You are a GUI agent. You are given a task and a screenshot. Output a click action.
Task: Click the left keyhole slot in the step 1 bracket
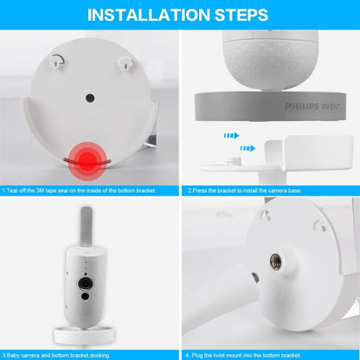[x=58, y=60]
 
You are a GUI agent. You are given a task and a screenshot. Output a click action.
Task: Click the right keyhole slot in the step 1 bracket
[x=125, y=60]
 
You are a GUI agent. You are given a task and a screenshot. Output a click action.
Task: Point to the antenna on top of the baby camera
[x=87, y=231]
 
